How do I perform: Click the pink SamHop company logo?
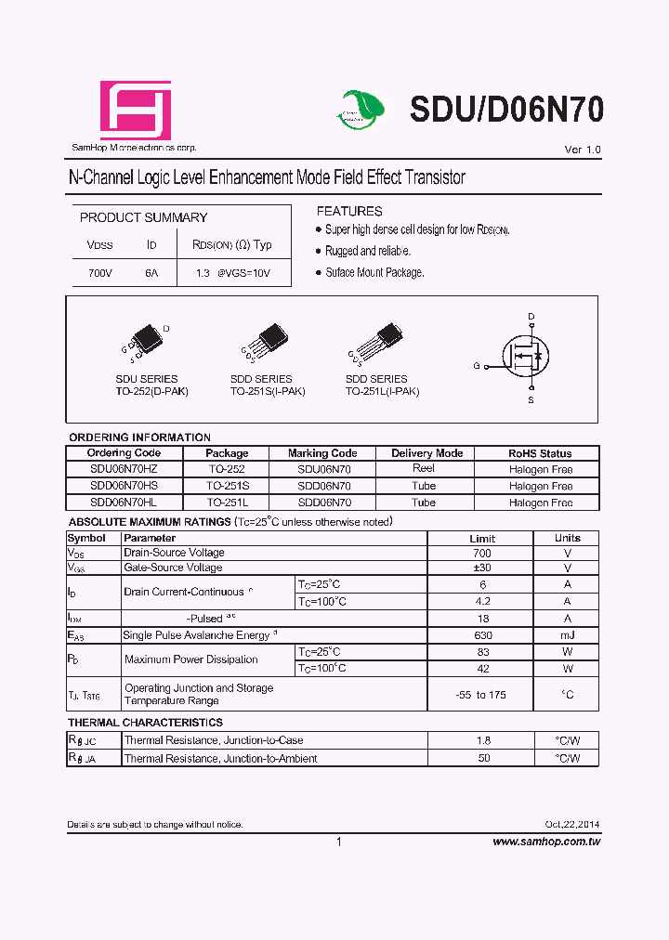136,111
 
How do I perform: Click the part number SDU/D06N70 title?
506,110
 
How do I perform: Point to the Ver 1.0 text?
583,150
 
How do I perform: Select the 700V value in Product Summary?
99,273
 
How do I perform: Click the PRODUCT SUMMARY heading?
143,217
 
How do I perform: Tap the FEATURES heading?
349,211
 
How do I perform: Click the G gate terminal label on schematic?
477,366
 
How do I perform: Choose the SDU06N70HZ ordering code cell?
123,470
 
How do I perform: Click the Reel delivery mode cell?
424,469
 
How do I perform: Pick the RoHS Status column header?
540,453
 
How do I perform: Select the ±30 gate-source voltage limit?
481,568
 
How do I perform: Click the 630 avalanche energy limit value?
481,635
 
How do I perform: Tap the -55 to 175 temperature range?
481,695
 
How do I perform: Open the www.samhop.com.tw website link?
546,842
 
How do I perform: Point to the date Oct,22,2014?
572,825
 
